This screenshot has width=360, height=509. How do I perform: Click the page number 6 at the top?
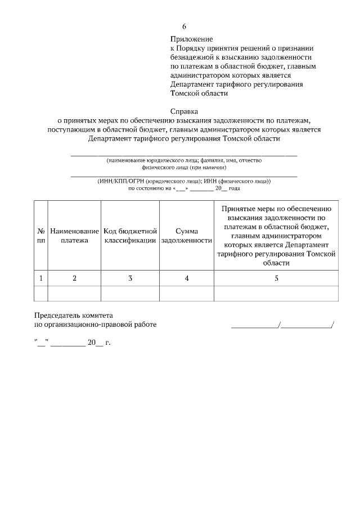click(x=183, y=26)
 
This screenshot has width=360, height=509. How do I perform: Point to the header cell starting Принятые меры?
click(x=276, y=236)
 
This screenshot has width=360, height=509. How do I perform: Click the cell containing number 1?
click(x=41, y=278)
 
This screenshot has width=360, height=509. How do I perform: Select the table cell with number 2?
click(x=74, y=278)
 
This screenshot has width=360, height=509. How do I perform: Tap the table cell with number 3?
click(x=130, y=278)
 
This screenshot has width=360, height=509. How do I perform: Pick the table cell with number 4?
click(x=186, y=278)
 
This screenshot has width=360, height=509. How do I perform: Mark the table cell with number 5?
click(x=276, y=278)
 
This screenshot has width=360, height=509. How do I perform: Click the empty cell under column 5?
click(x=276, y=294)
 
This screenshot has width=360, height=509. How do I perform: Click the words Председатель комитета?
click(x=74, y=316)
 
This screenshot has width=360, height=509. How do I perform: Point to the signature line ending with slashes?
click(x=282, y=325)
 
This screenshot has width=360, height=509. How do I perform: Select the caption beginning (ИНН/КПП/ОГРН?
click(x=184, y=182)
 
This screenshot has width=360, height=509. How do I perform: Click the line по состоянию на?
click(x=184, y=189)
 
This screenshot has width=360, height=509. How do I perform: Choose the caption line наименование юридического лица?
click(x=184, y=160)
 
